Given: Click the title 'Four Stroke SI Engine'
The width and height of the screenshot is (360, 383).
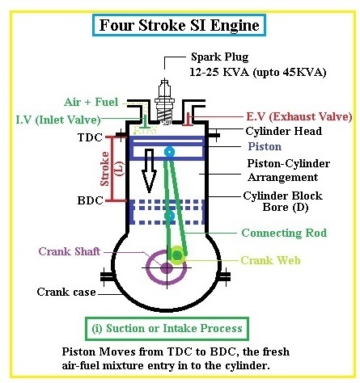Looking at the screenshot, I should coord(180,24).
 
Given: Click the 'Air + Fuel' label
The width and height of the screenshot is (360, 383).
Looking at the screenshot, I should coord(91,103).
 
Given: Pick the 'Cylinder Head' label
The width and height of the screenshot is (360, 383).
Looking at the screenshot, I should coord(283,131).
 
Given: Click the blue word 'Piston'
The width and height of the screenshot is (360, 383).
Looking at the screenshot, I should coord(265,147).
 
